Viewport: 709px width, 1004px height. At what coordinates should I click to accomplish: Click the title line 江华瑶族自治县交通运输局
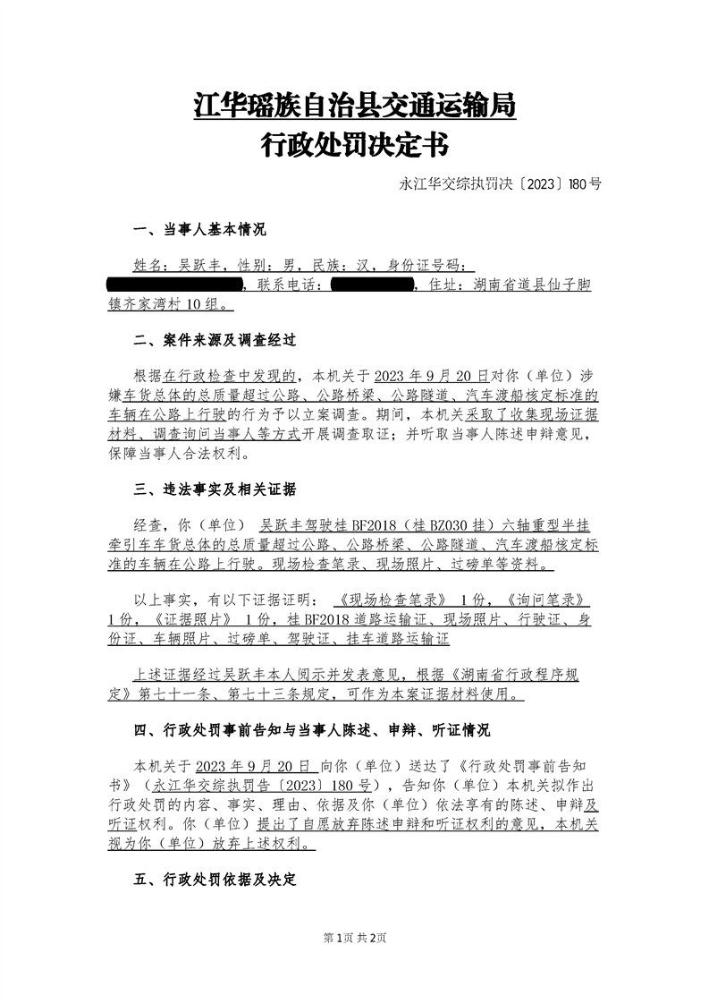354,106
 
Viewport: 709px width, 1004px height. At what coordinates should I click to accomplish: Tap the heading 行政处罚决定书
354,143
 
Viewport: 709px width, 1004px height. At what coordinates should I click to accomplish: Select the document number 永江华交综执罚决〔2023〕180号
500,185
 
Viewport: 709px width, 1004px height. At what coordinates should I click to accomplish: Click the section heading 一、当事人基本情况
199,231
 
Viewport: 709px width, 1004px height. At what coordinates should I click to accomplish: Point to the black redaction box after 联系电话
370,285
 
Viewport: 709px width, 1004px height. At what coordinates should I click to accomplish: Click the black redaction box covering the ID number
174,285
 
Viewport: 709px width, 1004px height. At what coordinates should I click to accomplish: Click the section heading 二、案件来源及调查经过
214,341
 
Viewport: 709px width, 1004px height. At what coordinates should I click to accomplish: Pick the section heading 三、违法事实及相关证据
215,489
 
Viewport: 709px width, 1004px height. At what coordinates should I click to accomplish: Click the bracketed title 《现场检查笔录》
387,599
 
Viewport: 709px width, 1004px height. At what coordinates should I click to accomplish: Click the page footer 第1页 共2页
354,938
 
